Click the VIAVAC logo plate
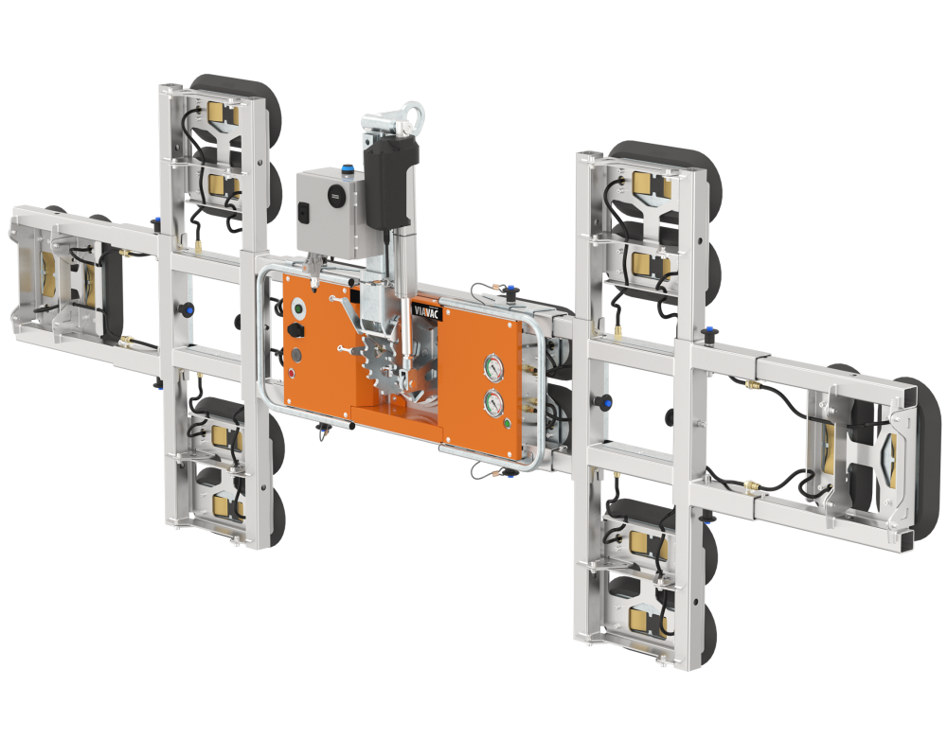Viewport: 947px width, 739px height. (428, 310)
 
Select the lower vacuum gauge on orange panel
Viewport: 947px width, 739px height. (493, 403)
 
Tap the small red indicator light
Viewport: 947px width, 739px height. (293, 373)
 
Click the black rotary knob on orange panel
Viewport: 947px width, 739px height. (296, 330)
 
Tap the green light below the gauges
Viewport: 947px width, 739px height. (508, 422)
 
